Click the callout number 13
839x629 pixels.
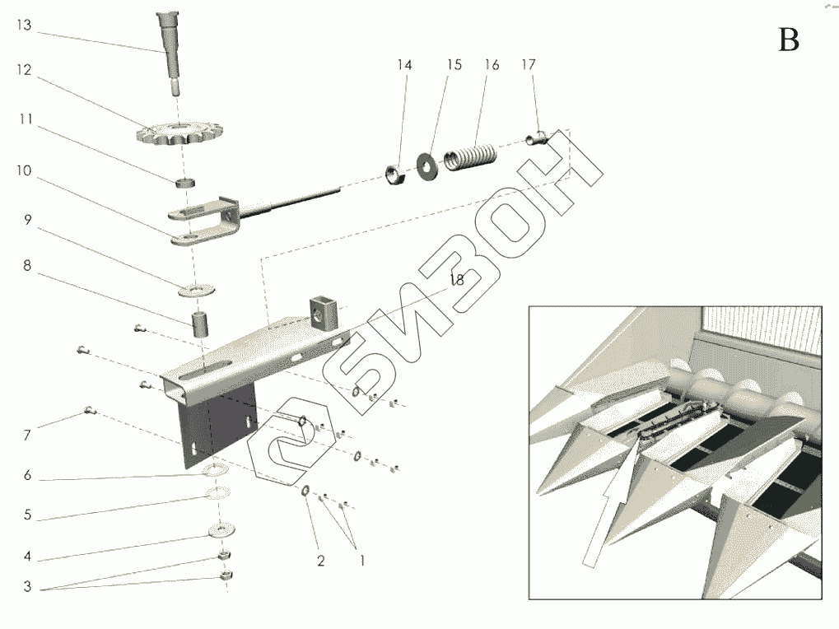24,26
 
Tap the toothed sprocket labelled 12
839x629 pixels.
179,133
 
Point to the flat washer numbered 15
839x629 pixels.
427,166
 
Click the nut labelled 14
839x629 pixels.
395,175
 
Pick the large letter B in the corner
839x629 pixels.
788,40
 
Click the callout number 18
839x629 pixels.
457,280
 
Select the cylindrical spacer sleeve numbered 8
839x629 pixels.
201,324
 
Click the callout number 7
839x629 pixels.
26,436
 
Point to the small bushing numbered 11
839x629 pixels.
185,183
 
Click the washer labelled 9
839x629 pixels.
197,291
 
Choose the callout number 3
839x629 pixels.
27,587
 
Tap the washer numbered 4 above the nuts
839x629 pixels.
221,530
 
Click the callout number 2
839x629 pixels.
320,561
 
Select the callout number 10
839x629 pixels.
24,170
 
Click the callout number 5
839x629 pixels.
27,515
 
